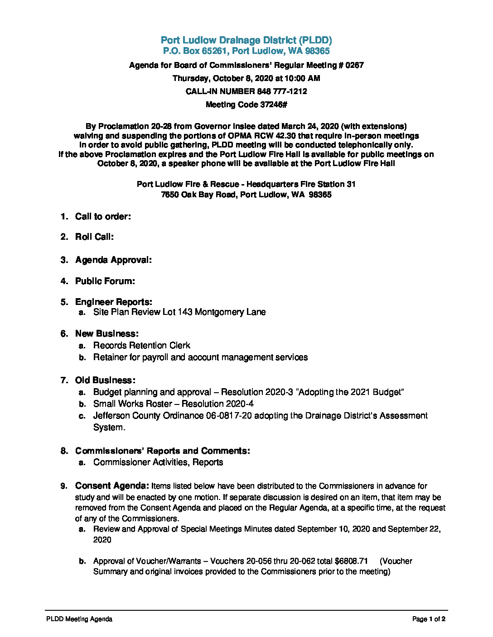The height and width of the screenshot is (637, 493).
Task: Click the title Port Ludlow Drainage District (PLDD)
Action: tap(246, 40)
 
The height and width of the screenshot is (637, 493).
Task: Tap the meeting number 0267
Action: tap(354, 65)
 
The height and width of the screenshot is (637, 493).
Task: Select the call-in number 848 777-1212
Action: tap(282, 91)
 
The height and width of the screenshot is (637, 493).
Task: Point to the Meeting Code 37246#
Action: tap(246, 105)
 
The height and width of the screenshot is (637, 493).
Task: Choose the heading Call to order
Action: tap(103, 217)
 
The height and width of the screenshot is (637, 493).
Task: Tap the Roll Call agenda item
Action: tap(94, 237)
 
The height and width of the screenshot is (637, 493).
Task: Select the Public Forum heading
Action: tap(105, 281)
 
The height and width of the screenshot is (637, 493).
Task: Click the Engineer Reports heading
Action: tap(113, 302)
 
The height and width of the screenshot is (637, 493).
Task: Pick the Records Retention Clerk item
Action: tap(141, 346)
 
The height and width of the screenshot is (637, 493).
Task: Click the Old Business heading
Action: tap(105, 380)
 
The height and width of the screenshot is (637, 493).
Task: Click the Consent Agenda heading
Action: tap(112, 486)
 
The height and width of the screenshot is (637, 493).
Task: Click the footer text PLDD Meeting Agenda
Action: tap(79, 619)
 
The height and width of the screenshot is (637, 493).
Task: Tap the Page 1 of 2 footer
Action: tap(429, 619)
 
